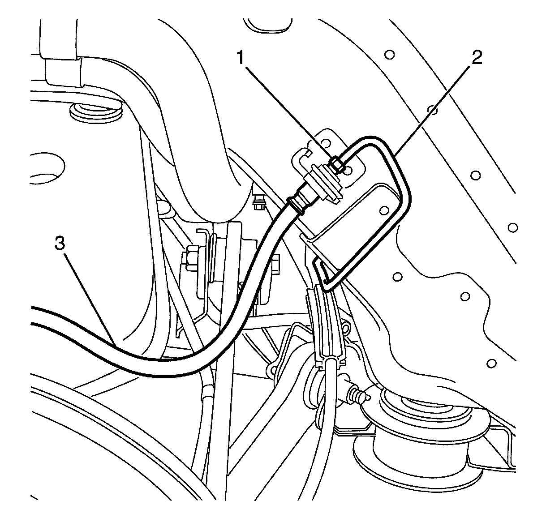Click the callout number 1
tap(242, 59)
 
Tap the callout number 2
tap(476, 58)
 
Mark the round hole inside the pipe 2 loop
tap(383, 210)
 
